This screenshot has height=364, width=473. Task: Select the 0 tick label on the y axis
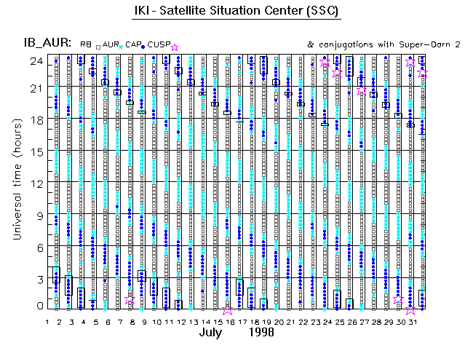[x=41, y=306]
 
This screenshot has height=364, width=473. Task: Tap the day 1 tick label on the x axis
[x=47, y=321]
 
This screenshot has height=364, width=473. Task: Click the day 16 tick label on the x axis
[x=228, y=321]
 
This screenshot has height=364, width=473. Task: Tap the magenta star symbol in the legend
[x=174, y=47]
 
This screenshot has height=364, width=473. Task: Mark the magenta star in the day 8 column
[x=130, y=300]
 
